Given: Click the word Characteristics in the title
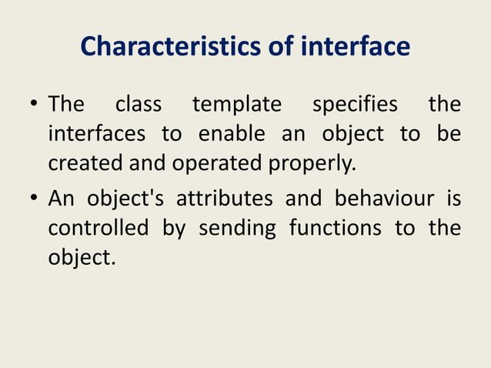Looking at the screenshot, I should (x=159, y=48).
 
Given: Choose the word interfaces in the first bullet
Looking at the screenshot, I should (x=97, y=133).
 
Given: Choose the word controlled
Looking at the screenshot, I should (x=98, y=228).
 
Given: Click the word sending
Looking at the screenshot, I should (x=236, y=229).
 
